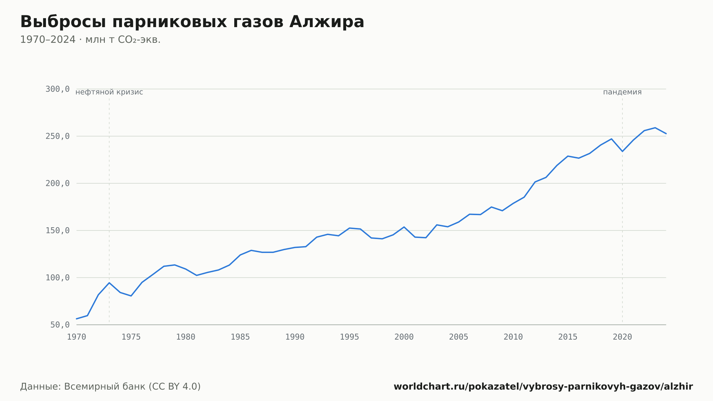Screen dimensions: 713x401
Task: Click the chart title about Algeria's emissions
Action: coord(192,22)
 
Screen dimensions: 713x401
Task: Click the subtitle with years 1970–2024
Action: coord(90,40)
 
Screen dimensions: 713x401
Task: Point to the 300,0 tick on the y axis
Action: coord(57,89)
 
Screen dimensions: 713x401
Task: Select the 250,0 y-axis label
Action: coord(57,136)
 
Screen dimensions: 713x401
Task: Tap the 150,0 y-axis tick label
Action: coord(57,230)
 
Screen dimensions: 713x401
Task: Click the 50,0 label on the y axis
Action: coord(60,325)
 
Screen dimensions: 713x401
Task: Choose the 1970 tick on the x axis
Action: coord(77,337)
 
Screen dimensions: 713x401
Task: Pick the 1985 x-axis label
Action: coord(240,337)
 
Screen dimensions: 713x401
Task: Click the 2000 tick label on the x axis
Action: coord(404,337)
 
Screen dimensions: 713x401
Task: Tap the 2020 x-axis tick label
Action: coord(622,337)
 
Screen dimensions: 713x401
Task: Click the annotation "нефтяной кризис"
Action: coord(109,92)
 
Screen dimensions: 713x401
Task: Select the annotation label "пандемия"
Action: coord(622,92)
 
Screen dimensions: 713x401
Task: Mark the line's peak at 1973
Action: coord(109,283)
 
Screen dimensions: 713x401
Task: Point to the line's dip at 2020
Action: coord(622,151)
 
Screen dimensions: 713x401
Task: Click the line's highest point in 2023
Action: coord(655,128)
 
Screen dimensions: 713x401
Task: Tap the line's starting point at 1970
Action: coord(77,319)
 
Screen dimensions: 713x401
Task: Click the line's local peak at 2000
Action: coord(404,227)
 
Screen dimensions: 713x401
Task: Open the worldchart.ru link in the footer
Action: coord(543,387)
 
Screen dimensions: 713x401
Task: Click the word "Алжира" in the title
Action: coord(327,22)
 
